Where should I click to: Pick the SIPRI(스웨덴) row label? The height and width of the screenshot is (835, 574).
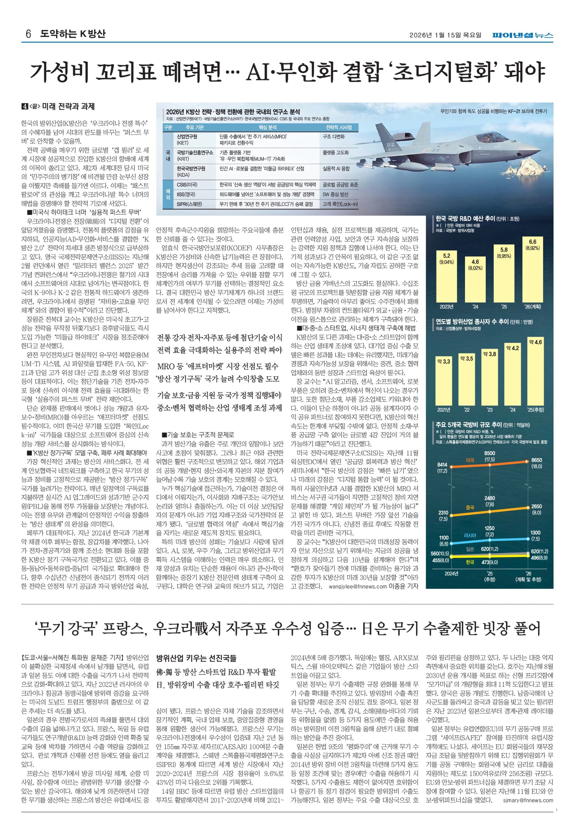[x=189, y=204]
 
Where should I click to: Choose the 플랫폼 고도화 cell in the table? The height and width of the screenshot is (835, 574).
[x=335, y=152]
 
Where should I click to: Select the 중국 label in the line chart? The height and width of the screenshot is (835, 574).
[x=470, y=508]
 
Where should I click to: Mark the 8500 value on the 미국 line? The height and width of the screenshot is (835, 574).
[x=489, y=453]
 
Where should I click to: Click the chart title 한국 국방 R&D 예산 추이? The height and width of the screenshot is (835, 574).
[x=465, y=218]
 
